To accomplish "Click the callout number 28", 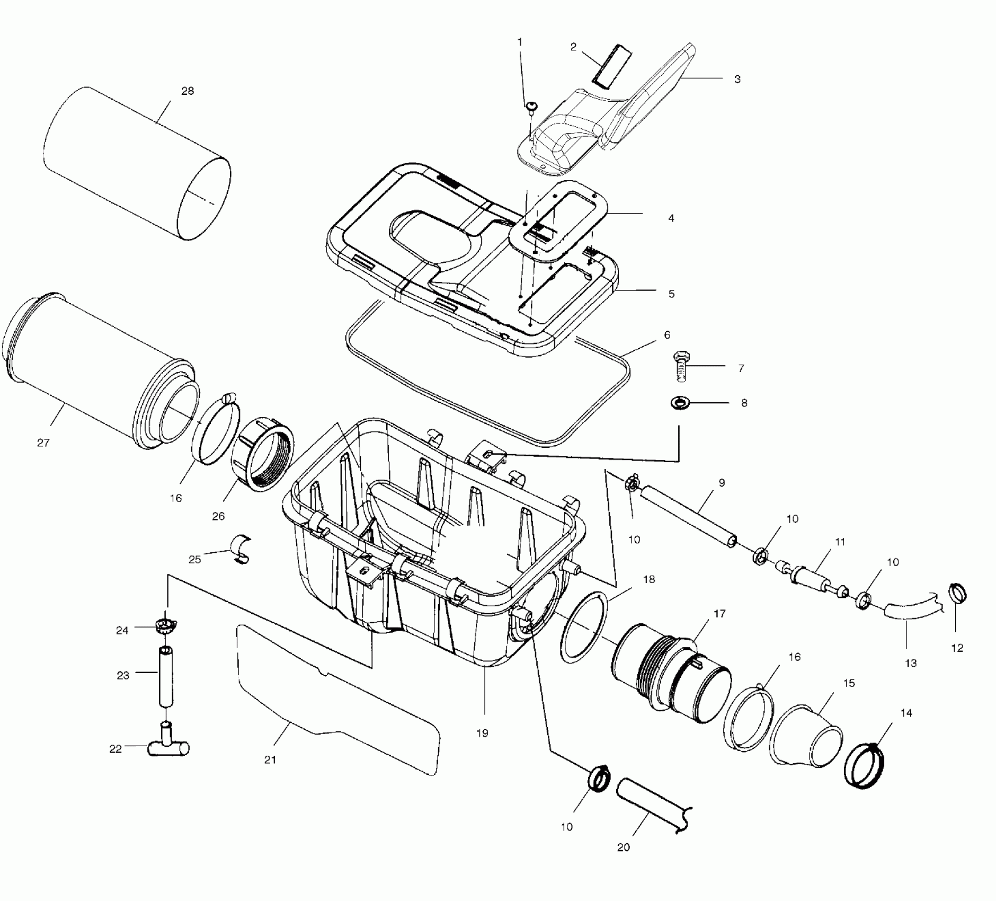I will click(x=188, y=91).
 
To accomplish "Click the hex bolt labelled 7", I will click(x=681, y=366).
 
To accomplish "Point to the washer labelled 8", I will click(x=678, y=403).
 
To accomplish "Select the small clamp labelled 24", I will click(x=165, y=627).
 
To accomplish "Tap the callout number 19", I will click(x=482, y=733).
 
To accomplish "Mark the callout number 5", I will click(x=671, y=294).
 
